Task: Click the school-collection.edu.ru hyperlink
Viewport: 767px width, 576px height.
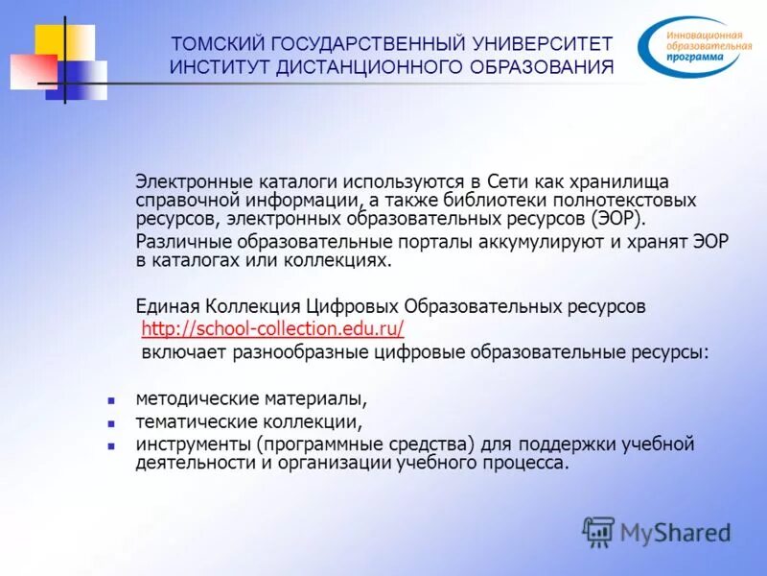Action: click(272, 329)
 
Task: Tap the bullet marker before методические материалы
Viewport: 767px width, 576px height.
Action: click(111, 398)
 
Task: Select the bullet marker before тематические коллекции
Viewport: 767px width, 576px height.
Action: click(111, 422)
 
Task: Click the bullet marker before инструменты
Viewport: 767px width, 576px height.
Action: click(111, 445)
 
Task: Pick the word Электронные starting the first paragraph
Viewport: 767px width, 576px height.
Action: click(182, 181)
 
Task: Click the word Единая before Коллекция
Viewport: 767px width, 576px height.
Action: click(166, 306)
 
